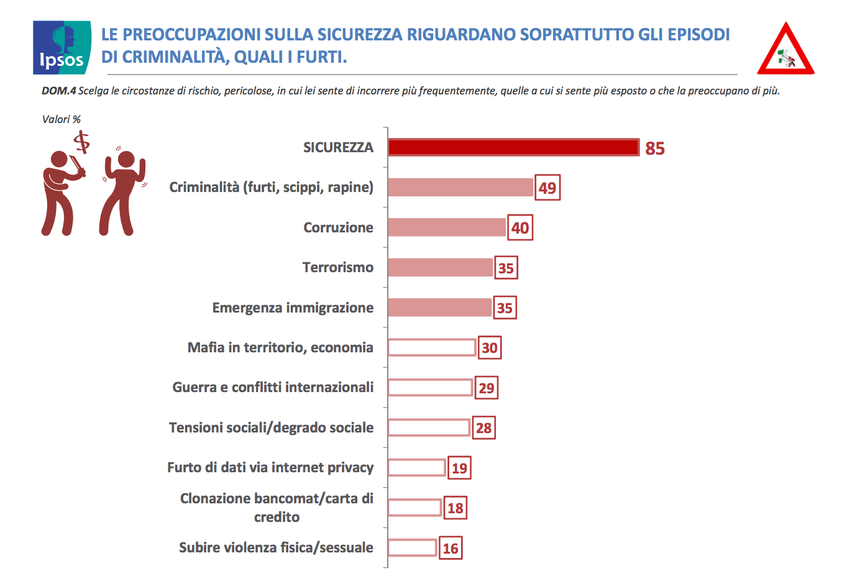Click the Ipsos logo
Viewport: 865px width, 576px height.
click(x=62, y=48)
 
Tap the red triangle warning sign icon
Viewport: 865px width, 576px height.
click(x=785, y=51)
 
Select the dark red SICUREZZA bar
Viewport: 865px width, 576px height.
click(x=513, y=147)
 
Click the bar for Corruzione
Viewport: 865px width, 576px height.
click(x=447, y=227)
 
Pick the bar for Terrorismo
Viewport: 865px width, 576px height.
click(x=440, y=268)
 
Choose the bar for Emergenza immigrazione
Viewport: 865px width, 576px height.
click(x=439, y=308)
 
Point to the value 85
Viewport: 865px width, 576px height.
click(x=655, y=149)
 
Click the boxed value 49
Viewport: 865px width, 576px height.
click(x=547, y=188)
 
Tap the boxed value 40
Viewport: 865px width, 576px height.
click(x=520, y=228)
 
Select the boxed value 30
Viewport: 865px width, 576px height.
click(x=490, y=348)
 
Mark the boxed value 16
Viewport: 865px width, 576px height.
click(x=451, y=549)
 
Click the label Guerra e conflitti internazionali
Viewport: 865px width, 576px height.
click(x=273, y=388)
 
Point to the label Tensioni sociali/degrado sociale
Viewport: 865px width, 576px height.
click(x=271, y=427)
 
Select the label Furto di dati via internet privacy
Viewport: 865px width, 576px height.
click(x=270, y=467)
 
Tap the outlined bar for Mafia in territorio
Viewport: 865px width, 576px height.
click(x=432, y=347)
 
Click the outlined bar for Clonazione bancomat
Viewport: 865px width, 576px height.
click(x=414, y=508)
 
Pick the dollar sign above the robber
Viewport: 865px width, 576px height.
click(x=81, y=142)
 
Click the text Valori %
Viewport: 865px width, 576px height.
click(x=61, y=119)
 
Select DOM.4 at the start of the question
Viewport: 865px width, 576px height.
click(x=58, y=91)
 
